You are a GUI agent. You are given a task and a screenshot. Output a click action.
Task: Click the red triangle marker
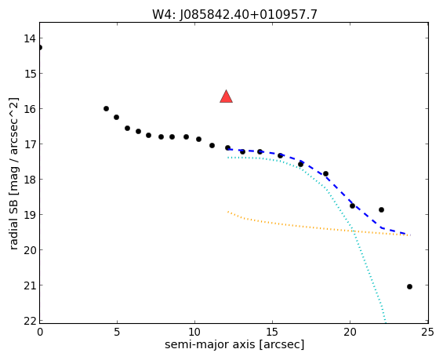tap(226, 96)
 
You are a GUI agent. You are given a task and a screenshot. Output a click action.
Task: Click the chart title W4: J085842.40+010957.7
tap(234, 14)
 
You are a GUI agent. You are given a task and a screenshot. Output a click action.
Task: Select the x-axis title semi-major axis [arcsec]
tap(234, 345)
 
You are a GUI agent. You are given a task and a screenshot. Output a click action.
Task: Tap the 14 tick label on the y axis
tap(30, 38)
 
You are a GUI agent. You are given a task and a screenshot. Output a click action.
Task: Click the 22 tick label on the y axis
tap(30, 321)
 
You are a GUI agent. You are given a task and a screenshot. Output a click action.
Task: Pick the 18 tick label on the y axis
tap(30, 180)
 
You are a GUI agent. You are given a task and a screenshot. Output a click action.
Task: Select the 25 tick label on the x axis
tap(427, 333)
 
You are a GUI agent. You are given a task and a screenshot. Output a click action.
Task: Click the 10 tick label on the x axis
tap(194, 333)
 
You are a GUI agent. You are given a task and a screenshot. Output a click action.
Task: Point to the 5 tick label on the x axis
tap(117, 333)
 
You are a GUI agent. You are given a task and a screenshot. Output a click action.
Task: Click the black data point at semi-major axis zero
tap(39, 48)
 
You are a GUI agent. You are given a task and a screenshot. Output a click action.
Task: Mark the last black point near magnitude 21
tap(409, 286)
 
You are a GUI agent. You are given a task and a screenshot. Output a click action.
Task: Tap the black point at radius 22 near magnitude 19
tap(381, 209)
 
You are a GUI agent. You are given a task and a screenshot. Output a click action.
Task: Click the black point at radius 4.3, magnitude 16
tap(106, 108)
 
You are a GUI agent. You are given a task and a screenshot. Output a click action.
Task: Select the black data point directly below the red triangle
tap(227, 147)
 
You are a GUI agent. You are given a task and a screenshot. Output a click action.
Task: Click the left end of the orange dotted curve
tap(227, 211)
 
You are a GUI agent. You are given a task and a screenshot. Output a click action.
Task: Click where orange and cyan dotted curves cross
tap(353, 231)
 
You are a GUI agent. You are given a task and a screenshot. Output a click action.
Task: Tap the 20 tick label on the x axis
tap(350, 333)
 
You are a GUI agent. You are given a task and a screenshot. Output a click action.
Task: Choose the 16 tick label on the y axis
tap(30, 109)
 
